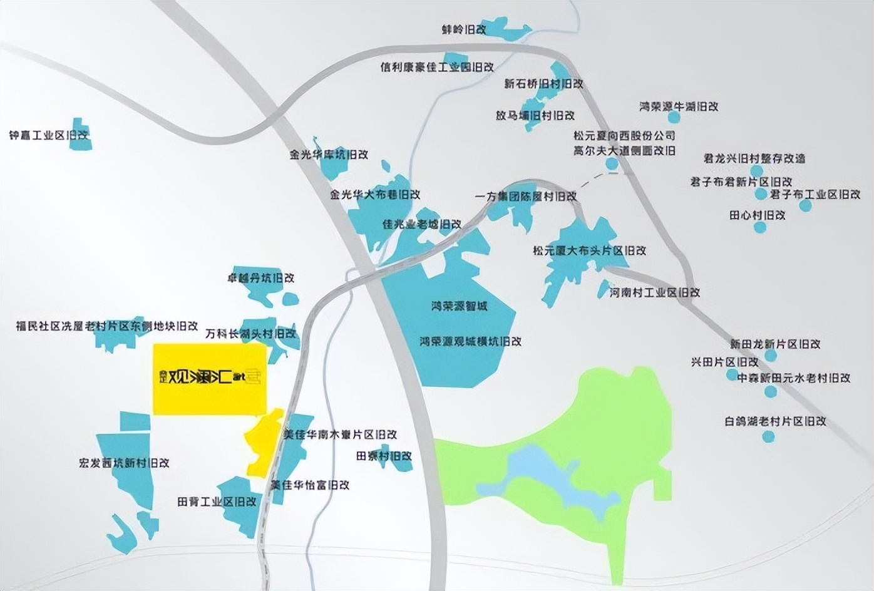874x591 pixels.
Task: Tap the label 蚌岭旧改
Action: click(464, 29)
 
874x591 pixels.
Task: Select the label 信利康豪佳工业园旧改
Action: click(437, 67)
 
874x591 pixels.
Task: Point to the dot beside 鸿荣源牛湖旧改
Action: click(674, 117)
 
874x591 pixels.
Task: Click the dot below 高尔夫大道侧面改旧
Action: click(612, 164)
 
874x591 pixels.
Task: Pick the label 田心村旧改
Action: click(757, 215)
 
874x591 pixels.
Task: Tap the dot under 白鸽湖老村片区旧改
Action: click(768, 436)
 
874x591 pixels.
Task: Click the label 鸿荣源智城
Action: click(459, 306)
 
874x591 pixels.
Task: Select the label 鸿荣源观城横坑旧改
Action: click(470, 342)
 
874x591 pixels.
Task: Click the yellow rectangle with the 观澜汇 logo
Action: click(210, 379)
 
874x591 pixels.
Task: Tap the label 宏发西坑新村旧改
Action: click(124, 463)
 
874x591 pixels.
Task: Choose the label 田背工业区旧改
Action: click(217, 501)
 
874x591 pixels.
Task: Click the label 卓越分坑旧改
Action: click(260, 278)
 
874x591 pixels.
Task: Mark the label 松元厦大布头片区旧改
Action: click(589, 250)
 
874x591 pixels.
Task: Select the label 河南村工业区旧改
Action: click(654, 292)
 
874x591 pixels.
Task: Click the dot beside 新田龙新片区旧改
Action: click(771, 355)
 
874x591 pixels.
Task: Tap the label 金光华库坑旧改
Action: click(329, 154)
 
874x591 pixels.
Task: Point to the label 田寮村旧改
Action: click(384, 456)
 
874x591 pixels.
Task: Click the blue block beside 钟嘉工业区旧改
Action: click(80, 134)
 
